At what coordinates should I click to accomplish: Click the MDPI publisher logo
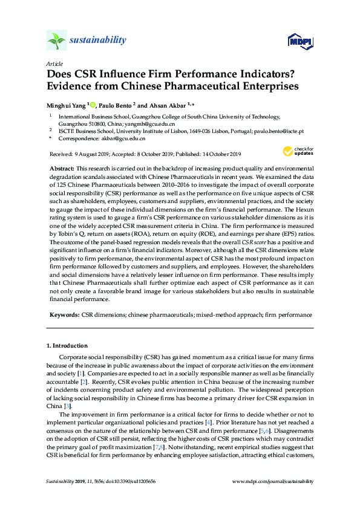299,41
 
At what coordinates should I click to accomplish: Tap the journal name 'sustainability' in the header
98,41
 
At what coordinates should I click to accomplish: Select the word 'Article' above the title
53,63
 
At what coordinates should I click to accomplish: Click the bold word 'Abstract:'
61,167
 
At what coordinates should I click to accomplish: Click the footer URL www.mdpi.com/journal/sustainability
273,481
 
